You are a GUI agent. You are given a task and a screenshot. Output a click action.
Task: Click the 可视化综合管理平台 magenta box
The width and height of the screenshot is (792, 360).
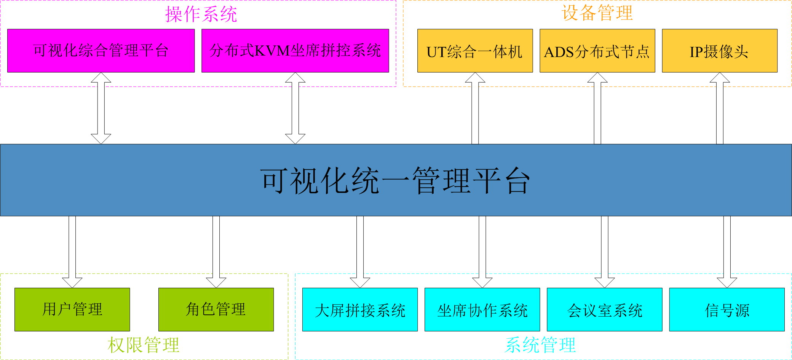101,51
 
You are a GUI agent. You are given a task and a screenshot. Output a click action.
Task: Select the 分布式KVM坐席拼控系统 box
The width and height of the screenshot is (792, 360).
295,51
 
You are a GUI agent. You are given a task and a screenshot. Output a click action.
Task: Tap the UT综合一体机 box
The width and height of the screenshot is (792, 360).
475,51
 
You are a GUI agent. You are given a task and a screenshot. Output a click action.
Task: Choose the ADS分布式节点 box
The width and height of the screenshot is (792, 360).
597,51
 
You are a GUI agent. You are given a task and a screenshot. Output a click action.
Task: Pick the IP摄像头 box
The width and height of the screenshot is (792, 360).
719,51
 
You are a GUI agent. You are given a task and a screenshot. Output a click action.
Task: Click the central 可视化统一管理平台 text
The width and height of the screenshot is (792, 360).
395,180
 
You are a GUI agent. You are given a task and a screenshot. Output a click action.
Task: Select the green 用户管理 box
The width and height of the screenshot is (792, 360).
72,309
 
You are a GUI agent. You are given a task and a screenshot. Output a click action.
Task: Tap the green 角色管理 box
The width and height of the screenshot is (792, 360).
216,309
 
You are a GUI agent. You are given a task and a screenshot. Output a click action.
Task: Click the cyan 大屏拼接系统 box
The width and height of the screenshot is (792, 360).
360,309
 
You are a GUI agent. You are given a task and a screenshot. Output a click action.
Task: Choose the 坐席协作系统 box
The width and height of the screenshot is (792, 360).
482,309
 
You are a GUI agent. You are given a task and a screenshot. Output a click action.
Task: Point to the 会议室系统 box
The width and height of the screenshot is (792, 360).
604,309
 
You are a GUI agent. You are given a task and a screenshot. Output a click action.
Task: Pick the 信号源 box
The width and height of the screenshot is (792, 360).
727,309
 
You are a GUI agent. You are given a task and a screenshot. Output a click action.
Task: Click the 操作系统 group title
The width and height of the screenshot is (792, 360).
201,14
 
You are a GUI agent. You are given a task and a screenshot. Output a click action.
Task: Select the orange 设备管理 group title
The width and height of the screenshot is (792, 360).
597,13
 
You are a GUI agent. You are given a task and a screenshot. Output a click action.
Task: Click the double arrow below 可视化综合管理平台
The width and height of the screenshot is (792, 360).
101,108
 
